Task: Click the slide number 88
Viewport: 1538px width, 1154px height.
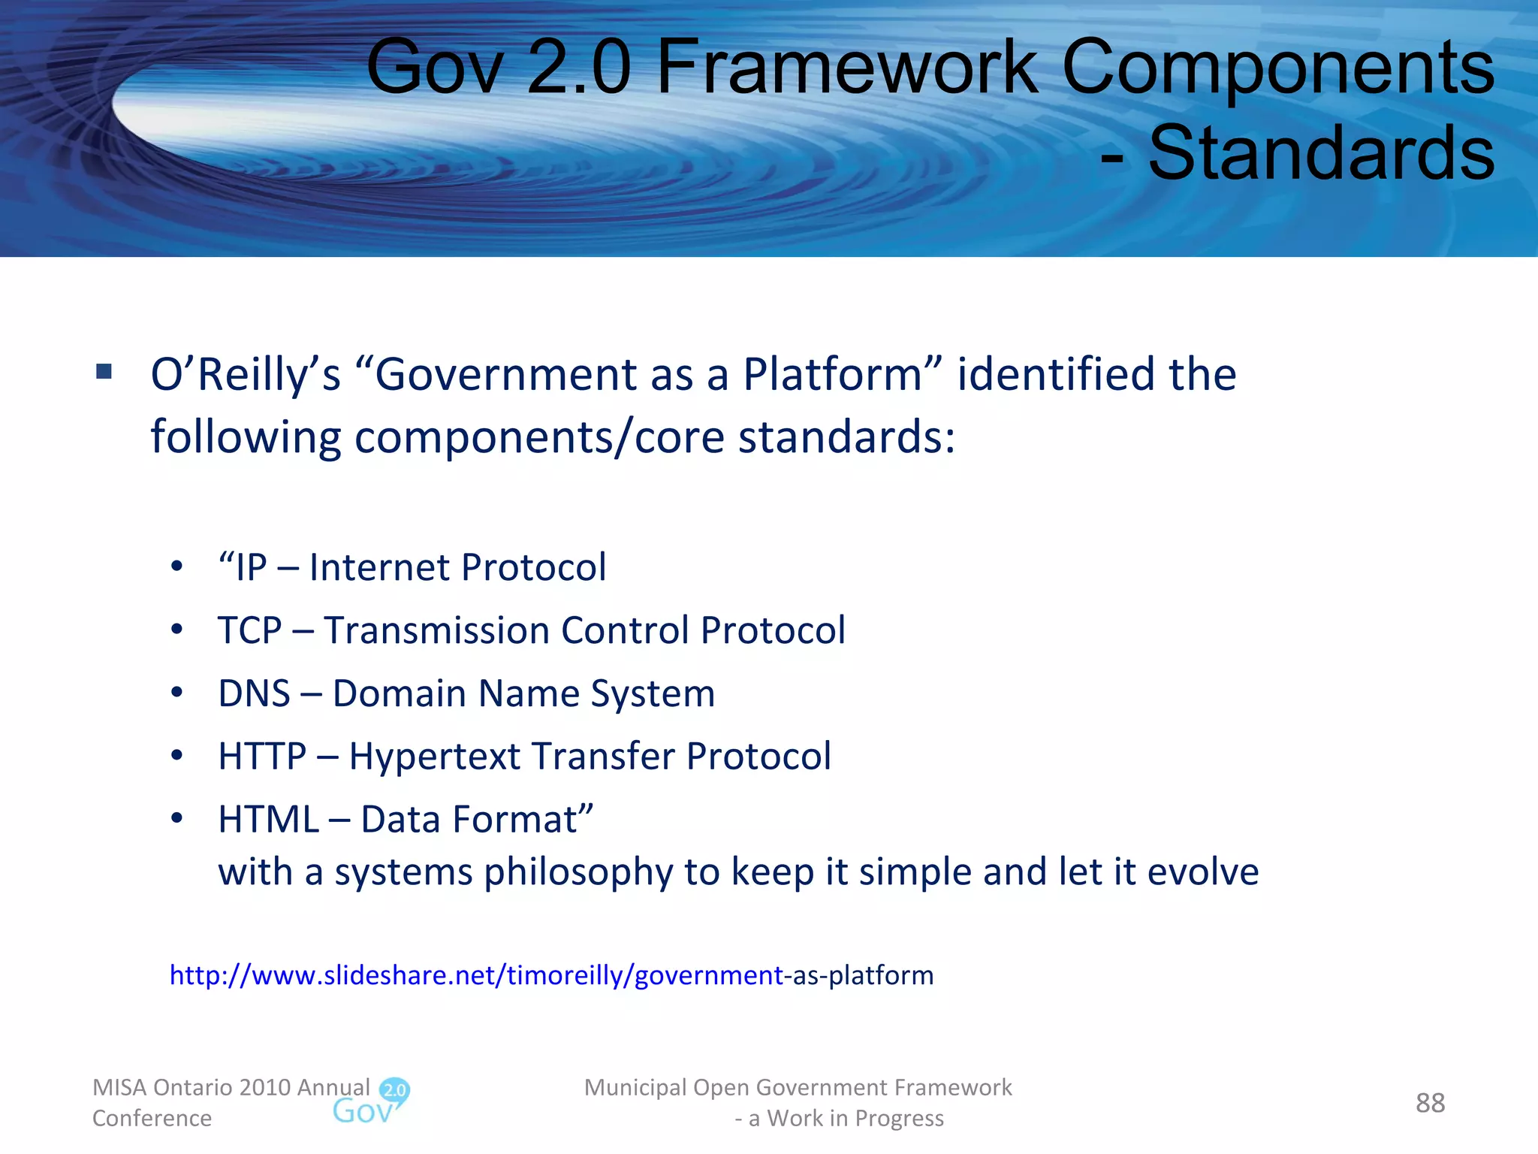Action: point(1429,1103)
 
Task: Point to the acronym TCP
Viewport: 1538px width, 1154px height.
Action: point(249,630)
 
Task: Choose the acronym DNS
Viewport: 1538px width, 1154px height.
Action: point(254,693)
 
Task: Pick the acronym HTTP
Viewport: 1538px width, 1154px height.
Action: point(262,757)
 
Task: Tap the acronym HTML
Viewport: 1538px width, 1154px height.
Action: point(268,820)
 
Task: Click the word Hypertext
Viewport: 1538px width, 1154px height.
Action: point(436,757)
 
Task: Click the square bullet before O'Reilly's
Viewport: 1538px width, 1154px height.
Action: point(104,371)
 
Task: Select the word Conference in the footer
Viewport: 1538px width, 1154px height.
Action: point(152,1118)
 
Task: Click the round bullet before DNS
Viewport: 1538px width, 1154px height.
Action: point(176,692)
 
